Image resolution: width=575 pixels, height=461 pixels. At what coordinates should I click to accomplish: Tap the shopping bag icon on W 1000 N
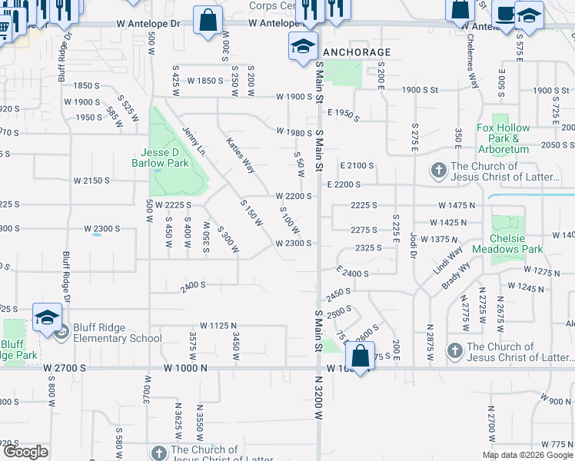[x=360, y=357]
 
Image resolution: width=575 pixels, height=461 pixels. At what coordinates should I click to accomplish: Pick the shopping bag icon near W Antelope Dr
[x=208, y=21]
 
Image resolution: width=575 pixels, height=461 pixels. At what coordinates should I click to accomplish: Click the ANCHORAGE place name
[x=357, y=52]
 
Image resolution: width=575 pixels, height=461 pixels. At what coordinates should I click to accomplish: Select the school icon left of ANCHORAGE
[x=303, y=46]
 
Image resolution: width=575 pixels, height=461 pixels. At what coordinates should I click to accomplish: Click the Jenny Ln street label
[x=194, y=141]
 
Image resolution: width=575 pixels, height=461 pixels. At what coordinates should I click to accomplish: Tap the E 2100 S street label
[x=356, y=165]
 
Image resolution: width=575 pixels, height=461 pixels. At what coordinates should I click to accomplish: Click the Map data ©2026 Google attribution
[x=527, y=455]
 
